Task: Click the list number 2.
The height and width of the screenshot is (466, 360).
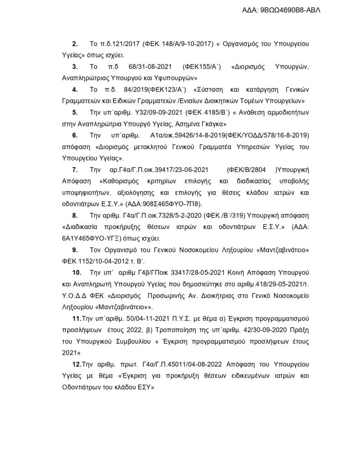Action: [75, 44]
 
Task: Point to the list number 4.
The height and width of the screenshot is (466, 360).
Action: [75, 91]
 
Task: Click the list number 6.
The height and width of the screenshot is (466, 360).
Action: [75, 135]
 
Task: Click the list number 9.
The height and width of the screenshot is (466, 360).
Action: [75, 250]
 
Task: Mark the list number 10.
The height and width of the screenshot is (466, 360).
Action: [76, 273]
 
